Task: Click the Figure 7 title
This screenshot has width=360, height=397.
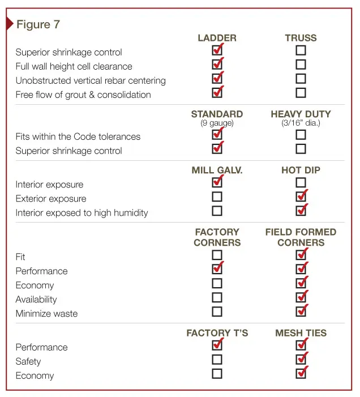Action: coord(38,24)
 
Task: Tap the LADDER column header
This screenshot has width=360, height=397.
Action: coord(217,38)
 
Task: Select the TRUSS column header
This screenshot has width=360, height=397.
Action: coord(301,38)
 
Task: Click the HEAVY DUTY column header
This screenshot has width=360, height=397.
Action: coord(301,114)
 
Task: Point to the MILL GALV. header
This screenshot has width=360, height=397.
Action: coord(217,170)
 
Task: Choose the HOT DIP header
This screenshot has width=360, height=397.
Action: coord(301,170)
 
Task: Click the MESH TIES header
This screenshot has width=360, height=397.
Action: coord(301,333)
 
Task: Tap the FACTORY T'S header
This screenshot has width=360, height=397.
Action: coord(217,333)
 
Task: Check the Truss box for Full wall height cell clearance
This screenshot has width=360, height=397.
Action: coord(301,65)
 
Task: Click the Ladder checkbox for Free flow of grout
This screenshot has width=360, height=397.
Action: coord(217,93)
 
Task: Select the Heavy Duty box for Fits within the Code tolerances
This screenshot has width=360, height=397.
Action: coord(301,135)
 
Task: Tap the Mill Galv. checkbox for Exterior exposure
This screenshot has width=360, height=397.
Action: coord(217,197)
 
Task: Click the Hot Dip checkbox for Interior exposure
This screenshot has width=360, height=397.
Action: coord(301,182)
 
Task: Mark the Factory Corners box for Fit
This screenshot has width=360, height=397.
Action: coord(217,255)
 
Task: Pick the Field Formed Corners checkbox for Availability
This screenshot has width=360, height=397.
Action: coord(301,297)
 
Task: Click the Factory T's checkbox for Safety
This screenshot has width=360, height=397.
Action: coord(217,360)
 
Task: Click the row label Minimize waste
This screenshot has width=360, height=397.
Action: coord(46,314)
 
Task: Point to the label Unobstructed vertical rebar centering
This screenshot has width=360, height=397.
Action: coord(91,81)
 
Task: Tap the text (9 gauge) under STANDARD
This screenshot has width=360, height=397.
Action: coord(217,123)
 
